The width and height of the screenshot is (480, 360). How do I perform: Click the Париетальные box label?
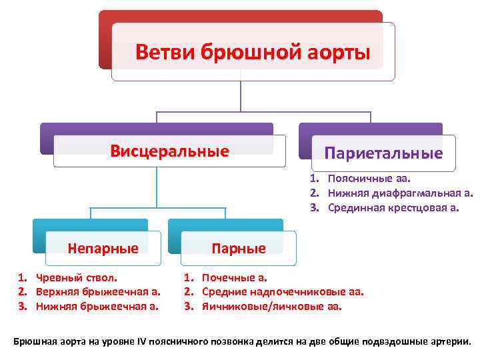(383, 153)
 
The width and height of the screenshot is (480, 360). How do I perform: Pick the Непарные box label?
(103, 249)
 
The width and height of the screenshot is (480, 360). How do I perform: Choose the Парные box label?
(239, 249)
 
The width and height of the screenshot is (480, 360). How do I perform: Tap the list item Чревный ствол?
(76, 277)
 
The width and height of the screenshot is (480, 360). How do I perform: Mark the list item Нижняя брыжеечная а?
(97, 307)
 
